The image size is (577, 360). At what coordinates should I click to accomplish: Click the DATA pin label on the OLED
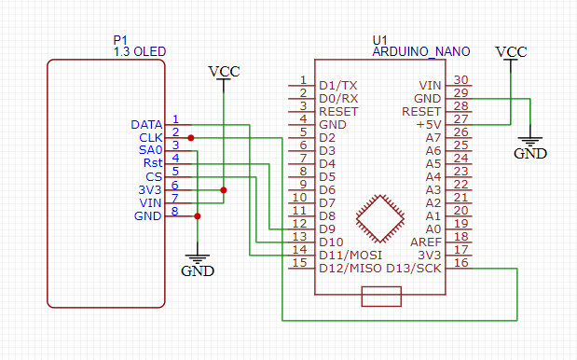[147, 124]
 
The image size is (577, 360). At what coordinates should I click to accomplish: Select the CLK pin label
[151, 137]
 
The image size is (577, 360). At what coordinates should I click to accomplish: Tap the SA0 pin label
[151, 150]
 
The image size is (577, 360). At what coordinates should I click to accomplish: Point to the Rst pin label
[153, 163]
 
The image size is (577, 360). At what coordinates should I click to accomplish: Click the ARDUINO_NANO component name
[420, 52]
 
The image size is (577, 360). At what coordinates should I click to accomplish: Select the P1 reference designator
[120, 40]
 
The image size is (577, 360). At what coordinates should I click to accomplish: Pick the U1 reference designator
[379, 40]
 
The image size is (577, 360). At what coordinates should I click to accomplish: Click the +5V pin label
[428, 124]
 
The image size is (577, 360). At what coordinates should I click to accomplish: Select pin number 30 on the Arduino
[460, 82]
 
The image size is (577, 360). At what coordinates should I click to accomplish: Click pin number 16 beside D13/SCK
[460, 265]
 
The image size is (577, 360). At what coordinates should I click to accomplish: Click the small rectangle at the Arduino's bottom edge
[380, 297]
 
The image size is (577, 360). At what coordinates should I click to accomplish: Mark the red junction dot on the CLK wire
[191, 137]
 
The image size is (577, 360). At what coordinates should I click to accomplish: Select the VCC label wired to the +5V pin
[511, 52]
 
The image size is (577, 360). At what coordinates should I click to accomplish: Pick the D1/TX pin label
[337, 85]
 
